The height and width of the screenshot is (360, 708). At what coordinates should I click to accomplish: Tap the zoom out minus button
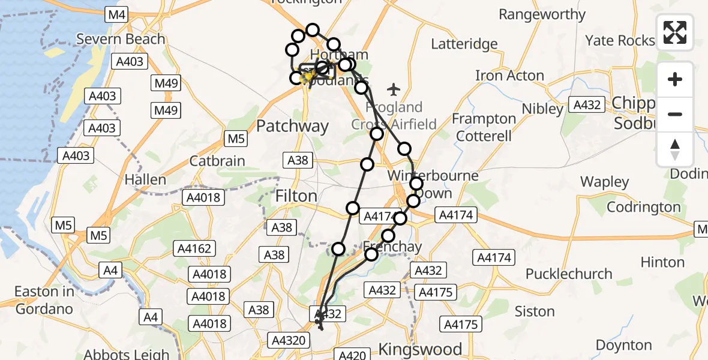click(675, 114)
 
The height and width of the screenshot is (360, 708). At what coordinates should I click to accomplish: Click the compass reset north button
click(675, 149)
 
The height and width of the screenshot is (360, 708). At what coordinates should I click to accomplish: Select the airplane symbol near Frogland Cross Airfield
click(394, 90)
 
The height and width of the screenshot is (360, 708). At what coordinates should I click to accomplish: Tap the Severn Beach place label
click(121, 40)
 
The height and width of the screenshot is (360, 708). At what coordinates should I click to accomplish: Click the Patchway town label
click(293, 127)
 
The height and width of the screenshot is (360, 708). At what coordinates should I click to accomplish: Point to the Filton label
click(296, 196)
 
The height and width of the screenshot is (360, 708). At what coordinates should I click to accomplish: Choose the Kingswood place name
click(420, 349)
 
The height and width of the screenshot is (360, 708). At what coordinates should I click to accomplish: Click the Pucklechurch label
click(569, 274)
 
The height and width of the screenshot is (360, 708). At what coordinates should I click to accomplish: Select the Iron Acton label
click(509, 76)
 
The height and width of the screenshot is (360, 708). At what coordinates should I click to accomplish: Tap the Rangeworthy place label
click(542, 14)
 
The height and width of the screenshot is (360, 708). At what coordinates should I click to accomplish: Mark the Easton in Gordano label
click(44, 301)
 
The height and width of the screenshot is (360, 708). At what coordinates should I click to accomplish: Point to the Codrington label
click(644, 207)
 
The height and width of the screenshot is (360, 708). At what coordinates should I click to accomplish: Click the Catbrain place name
click(217, 161)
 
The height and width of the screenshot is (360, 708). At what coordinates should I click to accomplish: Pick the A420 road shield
click(352, 355)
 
